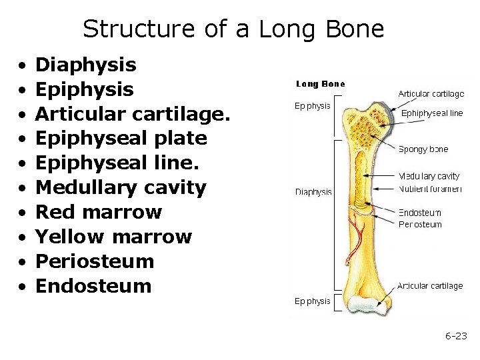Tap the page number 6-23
(x=457, y=335)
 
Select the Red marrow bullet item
(x=98, y=213)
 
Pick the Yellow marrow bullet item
(x=113, y=237)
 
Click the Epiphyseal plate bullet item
(x=121, y=139)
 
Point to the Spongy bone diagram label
(x=423, y=149)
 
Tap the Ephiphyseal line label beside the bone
(x=431, y=113)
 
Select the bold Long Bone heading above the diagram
(x=320, y=84)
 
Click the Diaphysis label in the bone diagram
(x=313, y=192)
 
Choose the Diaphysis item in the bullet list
(x=85, y=65)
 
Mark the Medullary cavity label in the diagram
(x=429, y=177)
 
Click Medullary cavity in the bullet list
(x=121, y=188)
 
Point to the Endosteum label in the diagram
(x=419, y=213)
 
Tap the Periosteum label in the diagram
(x=420, y=225)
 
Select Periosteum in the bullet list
(x=94, y=261)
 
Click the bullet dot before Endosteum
(x=23, y=287)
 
